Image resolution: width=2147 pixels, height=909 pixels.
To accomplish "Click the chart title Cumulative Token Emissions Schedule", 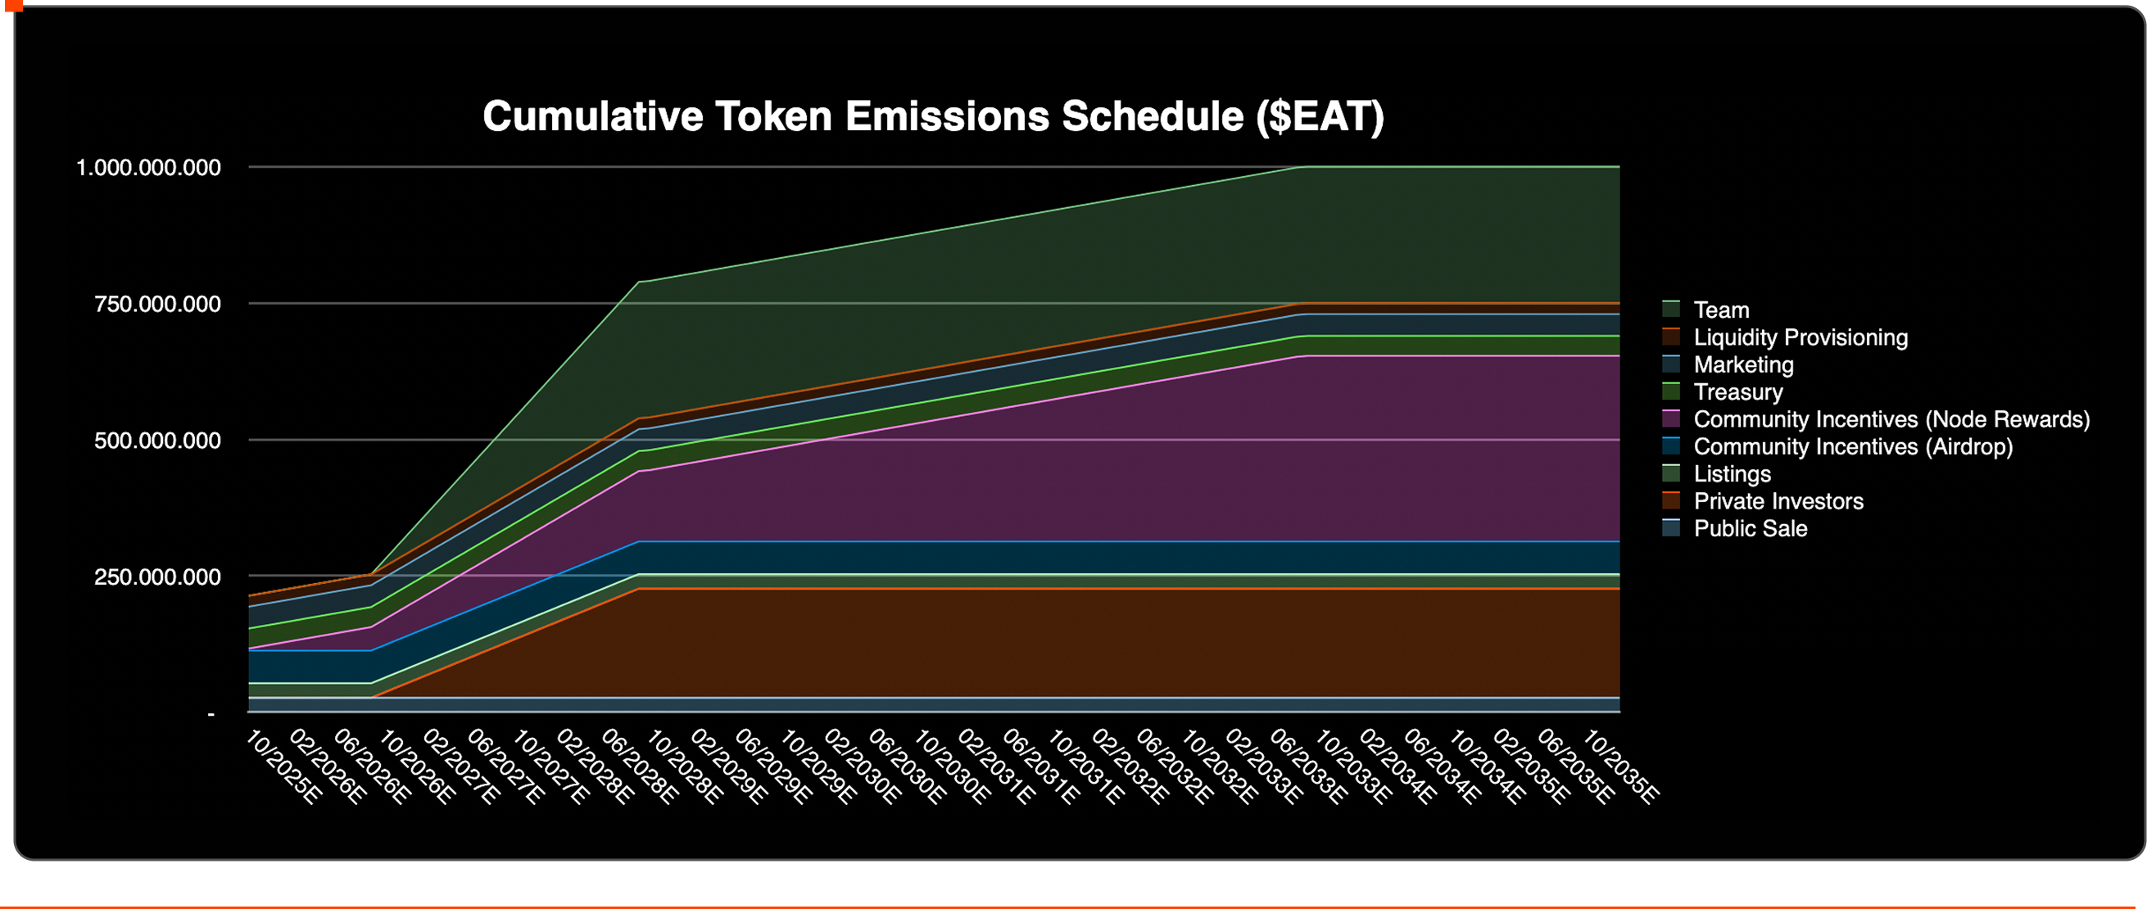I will point(933,116).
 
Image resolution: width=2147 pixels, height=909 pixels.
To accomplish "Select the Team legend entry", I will point(1721,310).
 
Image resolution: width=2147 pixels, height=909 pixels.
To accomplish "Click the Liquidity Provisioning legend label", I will point(1800,337).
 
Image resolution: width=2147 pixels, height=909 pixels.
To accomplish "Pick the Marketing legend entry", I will point(1744,365).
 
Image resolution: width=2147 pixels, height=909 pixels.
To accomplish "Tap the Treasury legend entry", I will point(1737,392).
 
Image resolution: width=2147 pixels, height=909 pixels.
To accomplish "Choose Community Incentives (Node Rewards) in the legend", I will point(1891,419).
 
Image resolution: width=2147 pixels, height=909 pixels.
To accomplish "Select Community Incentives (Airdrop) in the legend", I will point(1853,446).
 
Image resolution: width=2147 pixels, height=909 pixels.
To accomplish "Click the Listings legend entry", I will point(1732,474).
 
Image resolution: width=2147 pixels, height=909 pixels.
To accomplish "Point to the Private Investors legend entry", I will point(1778,501).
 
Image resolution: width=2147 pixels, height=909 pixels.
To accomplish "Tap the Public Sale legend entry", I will point(1751,529).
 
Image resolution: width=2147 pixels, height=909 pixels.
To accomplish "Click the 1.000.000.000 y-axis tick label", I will point(148,168).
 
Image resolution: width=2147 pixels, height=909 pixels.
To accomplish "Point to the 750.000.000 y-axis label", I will point(157,304).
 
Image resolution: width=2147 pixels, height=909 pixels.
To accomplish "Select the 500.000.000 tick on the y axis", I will point(157,441).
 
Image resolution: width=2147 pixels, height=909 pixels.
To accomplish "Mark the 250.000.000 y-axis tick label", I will point(157,577).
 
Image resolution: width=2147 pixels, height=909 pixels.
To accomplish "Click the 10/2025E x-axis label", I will point(283,767).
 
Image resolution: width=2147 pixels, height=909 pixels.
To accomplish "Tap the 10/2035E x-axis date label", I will point(1620,767).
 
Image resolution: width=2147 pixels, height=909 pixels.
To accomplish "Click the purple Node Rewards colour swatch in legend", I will point(1671,419).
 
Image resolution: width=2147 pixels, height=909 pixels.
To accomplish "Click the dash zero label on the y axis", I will point(211,714).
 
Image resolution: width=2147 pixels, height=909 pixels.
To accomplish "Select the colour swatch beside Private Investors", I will point(1671,501).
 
